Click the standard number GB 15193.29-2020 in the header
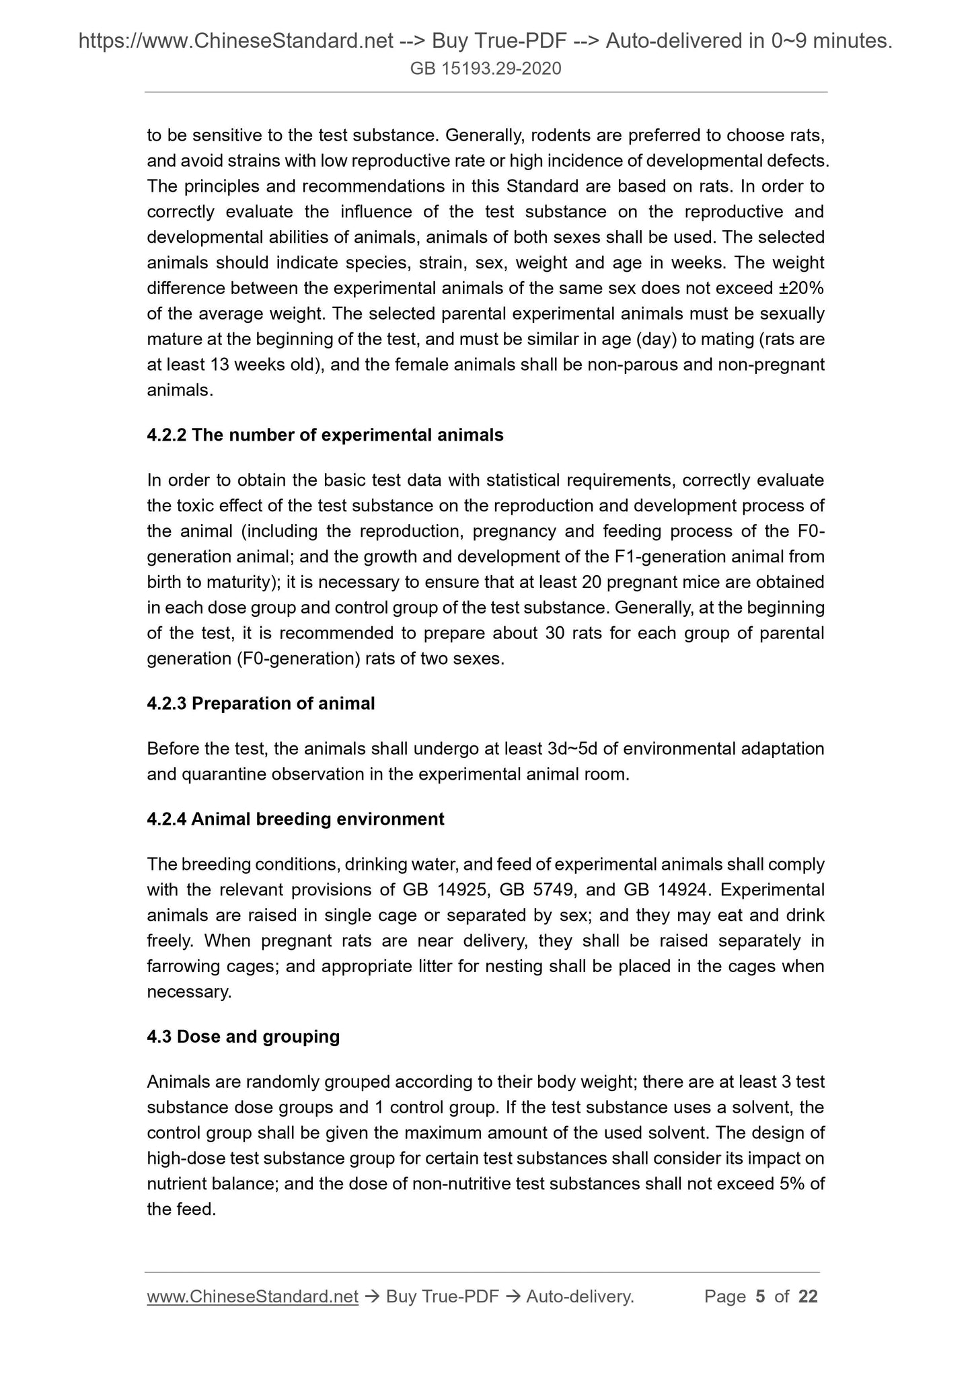coord(486,69)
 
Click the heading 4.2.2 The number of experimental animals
coord(325,435)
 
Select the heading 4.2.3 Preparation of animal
coord(261,704)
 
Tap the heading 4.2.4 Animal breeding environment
coord(295,819)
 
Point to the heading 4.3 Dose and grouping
coord(243,1037)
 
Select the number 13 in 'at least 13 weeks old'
coord(221,365)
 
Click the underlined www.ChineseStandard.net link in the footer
coord(252,1296)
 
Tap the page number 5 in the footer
coord(760,1296)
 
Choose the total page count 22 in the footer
coord(808,1296)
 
